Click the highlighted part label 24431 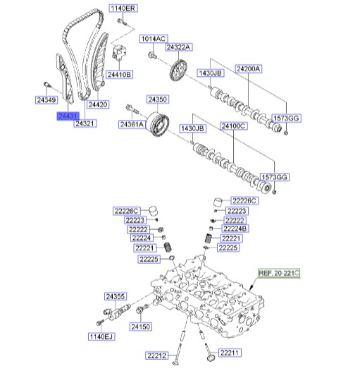pyautogui.click(x=68, y=116)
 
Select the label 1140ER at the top pyautogui.click(x=123, y=8)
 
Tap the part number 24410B pyautogui.click(x=119, y=75)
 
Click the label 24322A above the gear pyautogui.click(x=178, y=47)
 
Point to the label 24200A pyautogui.click(x=249, y=69)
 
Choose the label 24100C pyautogui.click(x=233, y=126)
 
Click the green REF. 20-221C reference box pyautogui.click(x=279, y=273)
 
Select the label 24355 pyautogui.click(x=116, y=296)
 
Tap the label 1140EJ pyautogui.click(x=101, y=336)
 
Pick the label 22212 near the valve pyautogui.click(x=156, y=355)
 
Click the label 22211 pyautogui.click(x=230, y=353)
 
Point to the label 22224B pyautogui.click(x=235, y=229)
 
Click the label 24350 pyautogui.click(x=158, y=99)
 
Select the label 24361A pyautogui.click(x=132, y=124)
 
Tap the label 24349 pyautogui.click(x=46, y=100)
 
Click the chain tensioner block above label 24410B pyautogui.click(x=119, y=51)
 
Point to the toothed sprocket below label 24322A pyautogui.click(x=178, y=71)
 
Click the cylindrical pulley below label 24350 pyautogui.click(x=157, y=124)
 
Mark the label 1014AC pyautogui.click(x=153, y=39)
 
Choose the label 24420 pyautogui.click(x=98, y=104)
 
